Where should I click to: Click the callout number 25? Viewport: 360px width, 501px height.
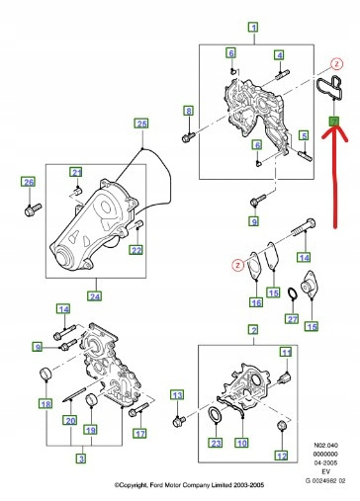[x=141, y=124]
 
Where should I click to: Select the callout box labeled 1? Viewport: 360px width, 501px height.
[x=253, y=28]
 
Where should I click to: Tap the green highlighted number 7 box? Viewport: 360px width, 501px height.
[x=334, y=122]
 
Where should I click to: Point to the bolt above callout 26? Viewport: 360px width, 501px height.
[x=33, y=209]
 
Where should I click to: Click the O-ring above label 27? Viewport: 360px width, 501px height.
[x=292, y=293]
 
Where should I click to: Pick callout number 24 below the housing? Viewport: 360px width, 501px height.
[x=95, y=296]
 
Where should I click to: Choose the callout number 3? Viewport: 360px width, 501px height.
[x=81, y=459]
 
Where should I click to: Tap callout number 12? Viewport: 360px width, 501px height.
[x=281, y=456]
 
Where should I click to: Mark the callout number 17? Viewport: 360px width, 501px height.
[x=140, y=434]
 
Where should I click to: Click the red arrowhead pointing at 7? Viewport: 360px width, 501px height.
[x=334, y=136]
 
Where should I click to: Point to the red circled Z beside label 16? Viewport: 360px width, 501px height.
[x=237, y=265]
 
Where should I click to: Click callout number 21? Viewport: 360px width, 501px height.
[x=76, y=173]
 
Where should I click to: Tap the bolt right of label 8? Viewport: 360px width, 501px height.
[x=189, y=137]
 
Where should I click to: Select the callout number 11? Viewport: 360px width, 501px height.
[x=286, y=353]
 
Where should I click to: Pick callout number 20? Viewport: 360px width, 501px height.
[x=70, y=421]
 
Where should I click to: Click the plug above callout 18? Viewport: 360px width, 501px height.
[x=46, y=374]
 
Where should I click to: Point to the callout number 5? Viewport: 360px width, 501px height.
[x=304, y=135]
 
